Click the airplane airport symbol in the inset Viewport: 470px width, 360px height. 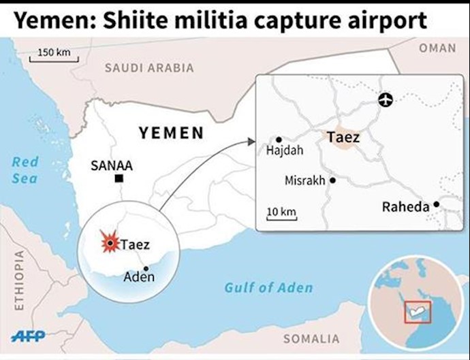click(386, 101)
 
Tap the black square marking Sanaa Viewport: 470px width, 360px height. click(119, 178)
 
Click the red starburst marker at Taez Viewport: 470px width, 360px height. click(109, 242)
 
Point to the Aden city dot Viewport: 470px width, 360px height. click(146, 268)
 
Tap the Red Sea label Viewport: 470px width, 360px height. click(25, 170)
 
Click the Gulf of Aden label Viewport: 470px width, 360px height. click(268, 287)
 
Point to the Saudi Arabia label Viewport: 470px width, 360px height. click(148, 68)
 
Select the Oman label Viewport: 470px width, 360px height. click(437, 48)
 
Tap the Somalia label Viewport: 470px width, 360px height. click(311, 338)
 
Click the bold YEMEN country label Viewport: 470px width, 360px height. click(172, 133)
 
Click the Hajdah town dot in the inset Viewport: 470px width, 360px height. click(278, 139)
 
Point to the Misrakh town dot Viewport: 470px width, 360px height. click(332, 180)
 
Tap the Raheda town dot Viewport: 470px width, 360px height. click(436, 203)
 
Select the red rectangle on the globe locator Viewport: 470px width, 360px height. click(413, 312)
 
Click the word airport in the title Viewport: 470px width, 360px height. click(383, 20)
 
